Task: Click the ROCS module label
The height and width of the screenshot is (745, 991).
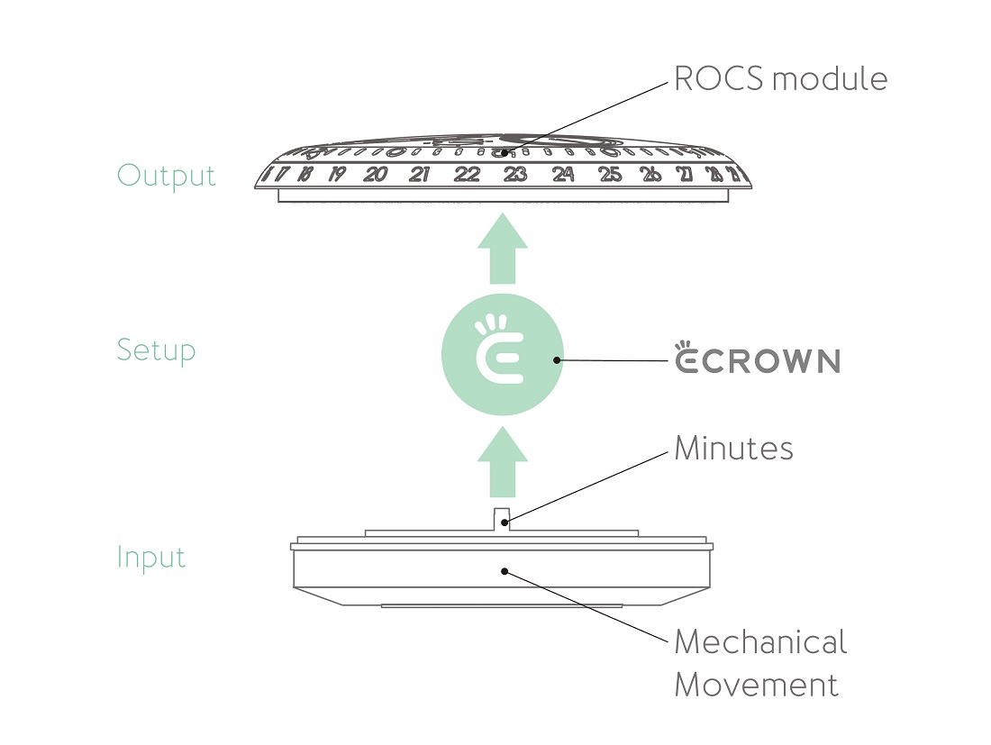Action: pyautogui.click(x=780, y=79)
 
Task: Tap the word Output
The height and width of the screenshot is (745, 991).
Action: pyautogui.click(x=167, y=175)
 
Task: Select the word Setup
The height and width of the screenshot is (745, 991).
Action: pyautogui.click(x=156, y=350)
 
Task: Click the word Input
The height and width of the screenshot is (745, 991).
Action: pyautogui.click(x=151, y=558)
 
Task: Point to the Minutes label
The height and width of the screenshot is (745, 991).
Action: pyautogui.click(x=733, y=449)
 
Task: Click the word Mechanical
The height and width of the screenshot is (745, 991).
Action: pyautogui.click(x=760, y=642)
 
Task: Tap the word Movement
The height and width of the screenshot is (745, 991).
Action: pyautogui.click(x=756, y=685)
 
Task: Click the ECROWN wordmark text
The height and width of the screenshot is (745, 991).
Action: pyautogui.click(x=758, y=361)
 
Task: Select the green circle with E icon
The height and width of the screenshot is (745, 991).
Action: pyautogui.click(x=503, y=360)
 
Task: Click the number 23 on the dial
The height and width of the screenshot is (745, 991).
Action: pyautogui.click(x=514, y=175)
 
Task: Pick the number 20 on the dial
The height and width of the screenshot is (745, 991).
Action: pyautogui.click(x=376, y=175)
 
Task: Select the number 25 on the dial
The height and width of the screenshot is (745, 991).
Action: pyautogui.click(x=610, y=175)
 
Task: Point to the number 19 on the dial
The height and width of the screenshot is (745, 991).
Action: pyautogui.click(x=336, y=175)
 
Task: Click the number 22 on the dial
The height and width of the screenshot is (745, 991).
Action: pyautogui.click(x=467, y=175)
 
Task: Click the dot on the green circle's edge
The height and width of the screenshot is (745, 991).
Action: pyautogui.click(x=559, y=360)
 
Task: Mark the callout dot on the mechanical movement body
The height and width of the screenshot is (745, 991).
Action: pyautogui.click(x=505, y=570)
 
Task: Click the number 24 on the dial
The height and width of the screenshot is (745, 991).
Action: pyautogui.click(x=563, y=175)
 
